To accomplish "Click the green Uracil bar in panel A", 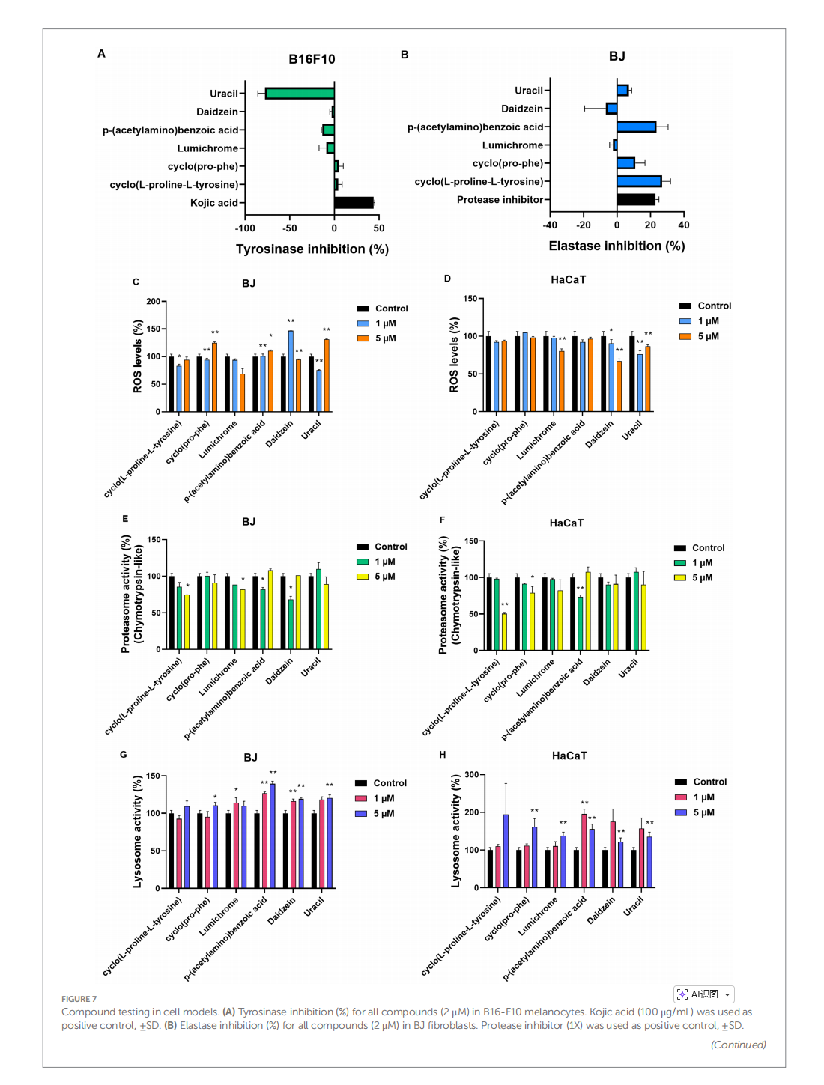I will point(300,94).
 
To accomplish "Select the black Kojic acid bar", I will point(354,203).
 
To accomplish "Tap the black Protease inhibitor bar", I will point(636,200).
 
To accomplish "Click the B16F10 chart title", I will point(312,59).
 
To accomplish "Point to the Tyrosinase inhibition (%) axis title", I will point(312,249).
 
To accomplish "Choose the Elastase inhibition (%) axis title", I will point(617,246).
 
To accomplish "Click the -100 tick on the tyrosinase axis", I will point(245,228).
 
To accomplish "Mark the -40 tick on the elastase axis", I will point(551,225).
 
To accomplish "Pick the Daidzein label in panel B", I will point(522,109).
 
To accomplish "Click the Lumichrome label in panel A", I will point(207,148).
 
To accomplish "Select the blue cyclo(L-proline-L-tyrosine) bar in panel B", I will point(639,181).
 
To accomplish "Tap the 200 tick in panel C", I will point(154,302).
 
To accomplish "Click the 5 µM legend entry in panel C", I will point(385,338).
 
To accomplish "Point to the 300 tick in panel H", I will point(471,775).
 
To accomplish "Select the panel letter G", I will point(124,755).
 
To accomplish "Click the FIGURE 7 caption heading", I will point(79,999).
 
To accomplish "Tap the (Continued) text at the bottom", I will point(738,1045).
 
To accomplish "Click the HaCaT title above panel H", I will point(569,756).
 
